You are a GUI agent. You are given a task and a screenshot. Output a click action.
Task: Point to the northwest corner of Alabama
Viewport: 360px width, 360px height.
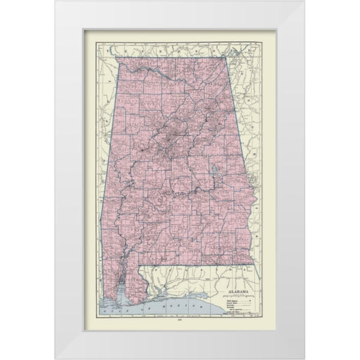(115, 56)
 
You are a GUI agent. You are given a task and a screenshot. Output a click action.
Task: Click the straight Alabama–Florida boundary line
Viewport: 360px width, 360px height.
(202, 265)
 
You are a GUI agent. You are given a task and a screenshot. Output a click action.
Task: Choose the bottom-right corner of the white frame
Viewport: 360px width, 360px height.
(304, 358)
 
